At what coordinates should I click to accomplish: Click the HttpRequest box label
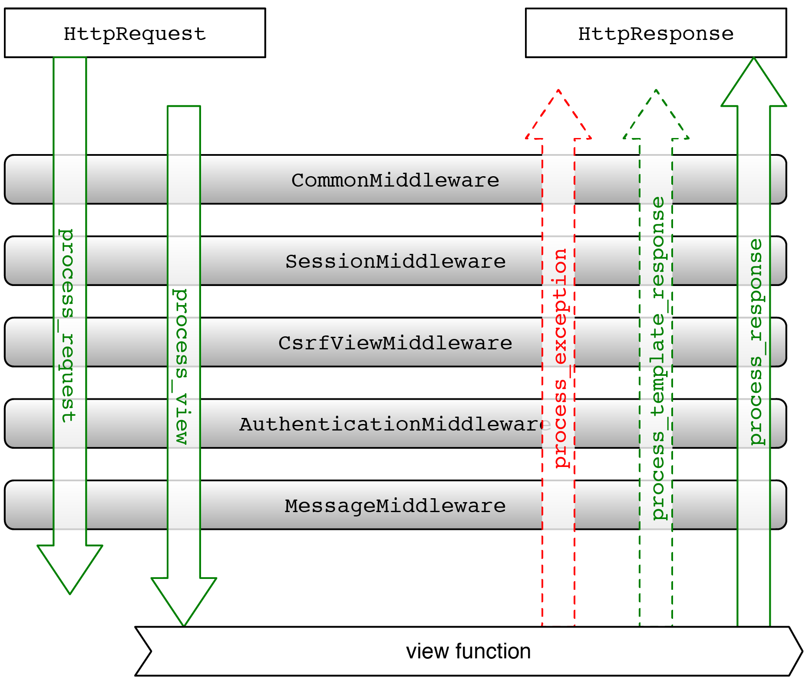(135, 34)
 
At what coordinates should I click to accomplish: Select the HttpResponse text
(656, 34)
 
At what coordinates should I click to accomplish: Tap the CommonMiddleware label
(395, 180)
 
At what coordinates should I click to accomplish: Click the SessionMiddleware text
(395, 261)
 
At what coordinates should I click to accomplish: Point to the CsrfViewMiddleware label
(395, 343)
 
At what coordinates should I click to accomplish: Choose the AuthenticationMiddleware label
(393, 424)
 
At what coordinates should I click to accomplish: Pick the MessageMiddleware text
(395, 506)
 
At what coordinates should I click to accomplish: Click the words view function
(468, 651)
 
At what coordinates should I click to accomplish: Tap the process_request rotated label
(67, 325)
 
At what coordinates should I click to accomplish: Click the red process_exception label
(561, 358)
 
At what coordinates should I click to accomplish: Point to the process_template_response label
(658, 358)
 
